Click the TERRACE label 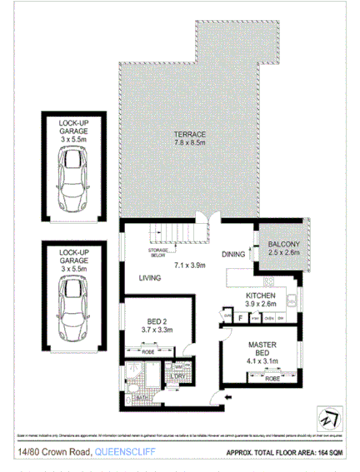tap(189, 135)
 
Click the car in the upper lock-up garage tap(73, 180)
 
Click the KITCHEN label tap(260, 296)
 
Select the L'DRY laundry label tap(179, 377)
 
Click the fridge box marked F tap(241, 317)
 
